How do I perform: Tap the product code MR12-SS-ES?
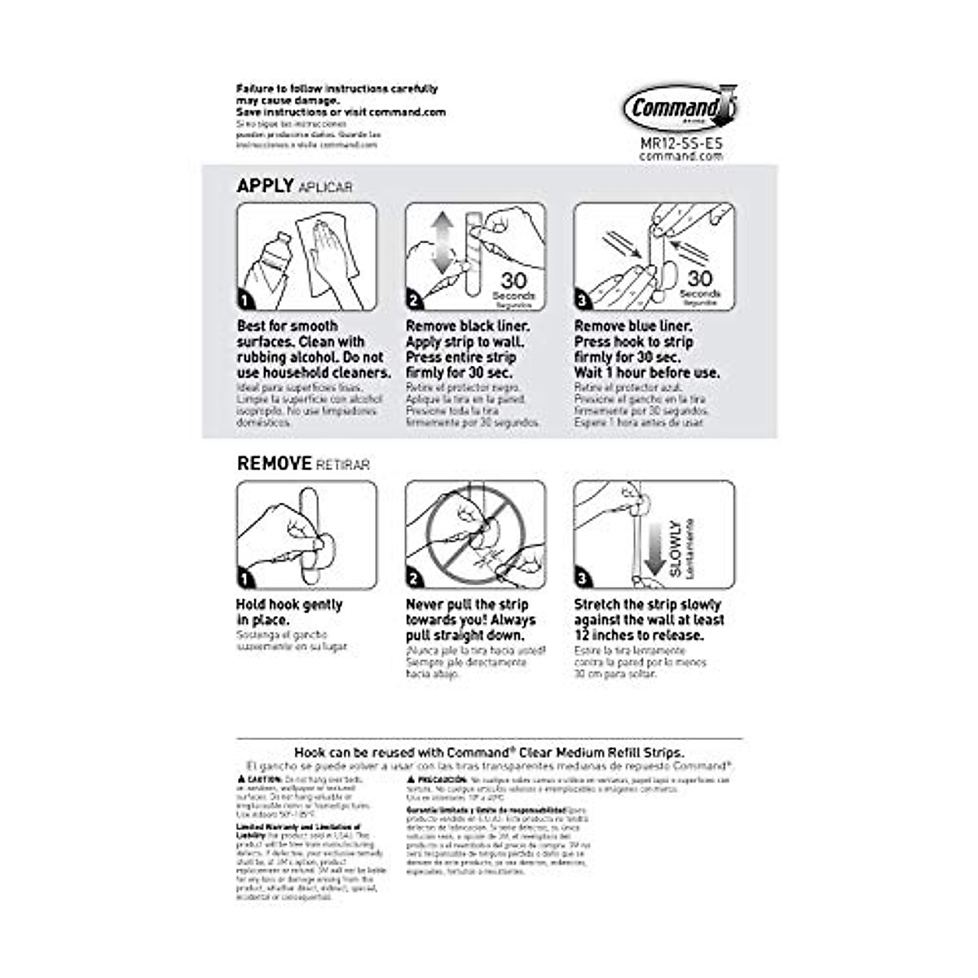point(681,143)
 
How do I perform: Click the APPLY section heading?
point(265,186)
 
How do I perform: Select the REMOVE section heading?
point(274,463)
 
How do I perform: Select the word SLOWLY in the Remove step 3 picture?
point(676,548)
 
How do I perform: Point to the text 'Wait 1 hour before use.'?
point(647,372)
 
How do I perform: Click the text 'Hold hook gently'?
point(289,605)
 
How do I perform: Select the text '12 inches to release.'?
point(639,635)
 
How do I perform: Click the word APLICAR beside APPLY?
point(326,187)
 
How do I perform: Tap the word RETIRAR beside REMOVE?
point(342,465)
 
